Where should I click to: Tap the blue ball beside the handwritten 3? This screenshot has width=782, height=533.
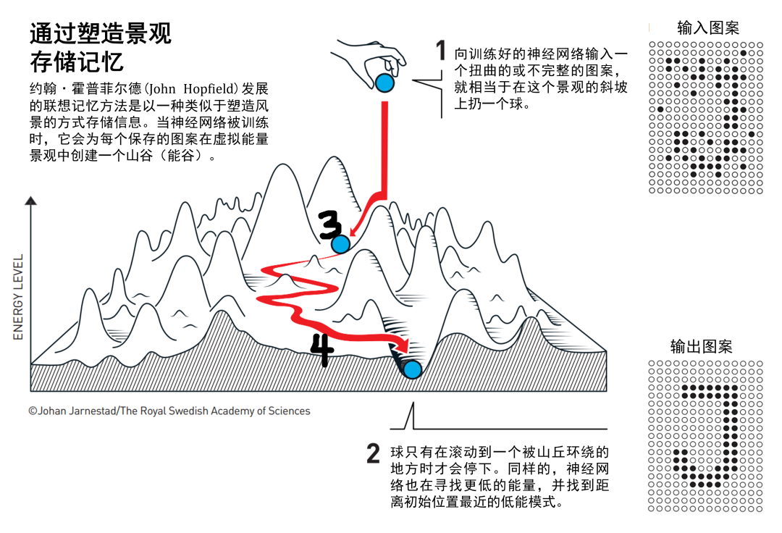(x=340, y=244)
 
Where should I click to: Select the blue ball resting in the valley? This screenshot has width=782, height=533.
(x=412, y=370)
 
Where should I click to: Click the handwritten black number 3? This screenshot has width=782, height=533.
(x=331, y=226)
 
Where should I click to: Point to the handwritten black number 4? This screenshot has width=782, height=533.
(x=322, y=350)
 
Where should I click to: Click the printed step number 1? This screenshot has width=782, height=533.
(x=441, y=51)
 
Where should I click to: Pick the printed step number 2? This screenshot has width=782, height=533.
(x=373, y=454)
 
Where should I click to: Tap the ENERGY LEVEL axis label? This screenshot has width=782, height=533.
(x=19, y=297)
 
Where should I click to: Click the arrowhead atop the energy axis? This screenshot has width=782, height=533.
(x=30, y=201)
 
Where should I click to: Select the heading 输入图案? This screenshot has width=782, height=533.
(x=708, y=28)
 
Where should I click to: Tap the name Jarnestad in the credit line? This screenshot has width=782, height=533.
(x=93, y=411)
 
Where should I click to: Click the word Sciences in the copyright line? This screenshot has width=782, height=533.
(x=289, y=411)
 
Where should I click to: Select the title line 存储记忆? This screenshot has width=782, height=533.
(x=76, y=62)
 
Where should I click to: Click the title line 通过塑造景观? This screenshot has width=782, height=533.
(x=101, y=34)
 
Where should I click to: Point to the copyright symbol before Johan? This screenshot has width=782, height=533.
(x=33, y=411)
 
